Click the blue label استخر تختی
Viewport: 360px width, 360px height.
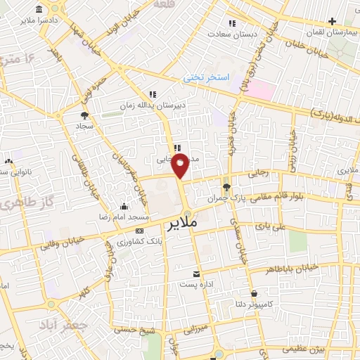(202, 77)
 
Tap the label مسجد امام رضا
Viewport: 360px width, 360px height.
(124, 217)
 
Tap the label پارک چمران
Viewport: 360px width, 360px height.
(226, 198)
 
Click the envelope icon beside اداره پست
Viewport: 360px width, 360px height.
(196, 273)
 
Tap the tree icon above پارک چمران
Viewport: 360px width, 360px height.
(226, 187)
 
